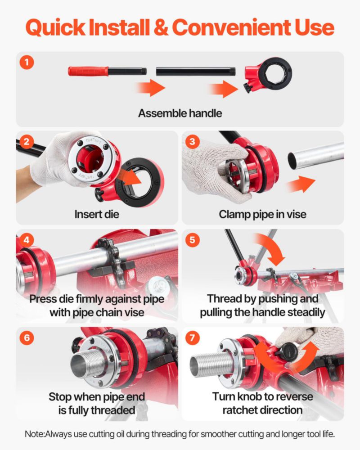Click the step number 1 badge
click(27, 62)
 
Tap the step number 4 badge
click(27, 240)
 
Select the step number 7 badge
click(192, 337)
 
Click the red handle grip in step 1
click(88, 71)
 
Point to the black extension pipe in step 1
click(196, 72)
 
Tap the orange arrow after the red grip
click(151, 88)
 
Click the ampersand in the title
click(162, 27)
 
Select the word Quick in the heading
click(55, 28)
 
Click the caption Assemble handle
click(180, 113)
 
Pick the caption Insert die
click(97, 214)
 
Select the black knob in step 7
click(286, 352)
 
